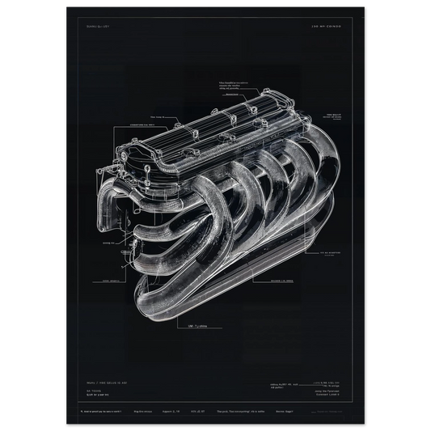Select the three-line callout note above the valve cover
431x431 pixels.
[x=239, y=85]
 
